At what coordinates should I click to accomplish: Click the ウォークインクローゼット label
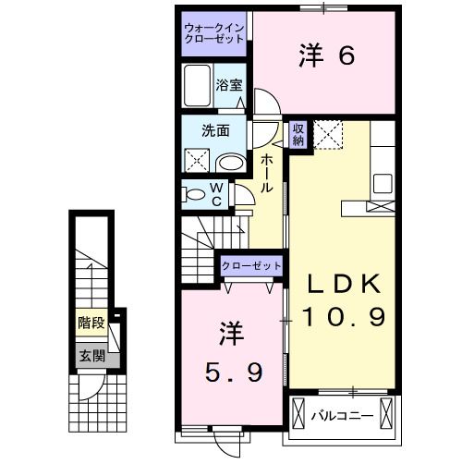coord(214,33)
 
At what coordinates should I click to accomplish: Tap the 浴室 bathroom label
coord(229,85)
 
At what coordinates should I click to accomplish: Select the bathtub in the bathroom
coord(198,86)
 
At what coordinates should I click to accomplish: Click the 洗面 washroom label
coord(215,130)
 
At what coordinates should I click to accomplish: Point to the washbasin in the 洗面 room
coord(231,163)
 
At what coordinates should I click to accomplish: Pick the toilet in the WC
coord(194,195)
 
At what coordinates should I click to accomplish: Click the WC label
coord(217,194)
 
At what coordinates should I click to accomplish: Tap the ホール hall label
coord(266,174)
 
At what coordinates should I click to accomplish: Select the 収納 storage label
coord(298,135)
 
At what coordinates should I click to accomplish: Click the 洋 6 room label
coord(326,55)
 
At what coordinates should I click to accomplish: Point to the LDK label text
coord(344,284)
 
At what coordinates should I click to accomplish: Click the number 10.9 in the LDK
coord(344,317)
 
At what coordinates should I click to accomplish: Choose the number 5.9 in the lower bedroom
coord(234,372)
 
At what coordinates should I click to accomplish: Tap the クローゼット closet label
coord(251,265)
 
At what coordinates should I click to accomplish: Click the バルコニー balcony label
coord(342,416)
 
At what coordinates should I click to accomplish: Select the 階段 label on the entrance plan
coord(91,323)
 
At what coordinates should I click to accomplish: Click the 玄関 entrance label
coord(92,356)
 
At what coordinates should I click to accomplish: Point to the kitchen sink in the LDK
coord(383,183)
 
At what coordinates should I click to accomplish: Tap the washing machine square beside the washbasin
coord(197,161)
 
